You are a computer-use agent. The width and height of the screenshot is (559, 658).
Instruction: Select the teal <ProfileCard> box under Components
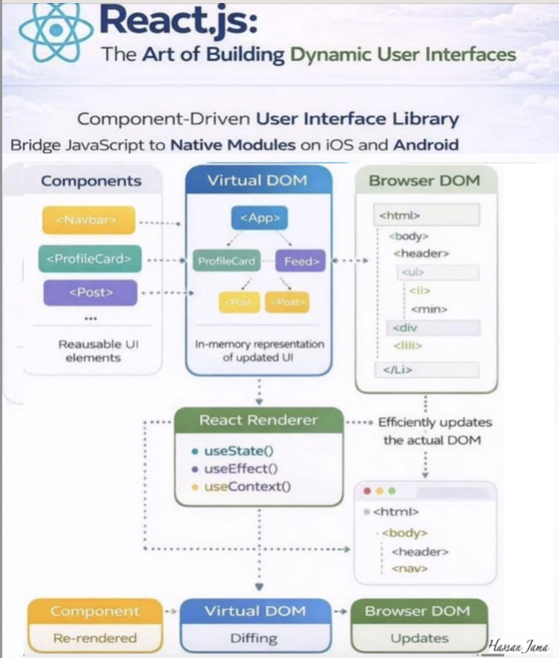coord(89,259)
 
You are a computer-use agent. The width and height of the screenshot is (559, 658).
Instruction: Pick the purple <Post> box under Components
coord(91,292)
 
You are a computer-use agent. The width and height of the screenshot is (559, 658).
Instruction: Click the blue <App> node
coord(260,219)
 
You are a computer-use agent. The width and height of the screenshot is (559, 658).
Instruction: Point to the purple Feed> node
coord(300,262)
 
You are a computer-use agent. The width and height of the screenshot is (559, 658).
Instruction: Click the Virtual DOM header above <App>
coord(258,182)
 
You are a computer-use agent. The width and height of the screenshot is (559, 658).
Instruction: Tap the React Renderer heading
coord(258,420)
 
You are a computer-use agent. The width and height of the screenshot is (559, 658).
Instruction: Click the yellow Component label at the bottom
coord(95,611)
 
